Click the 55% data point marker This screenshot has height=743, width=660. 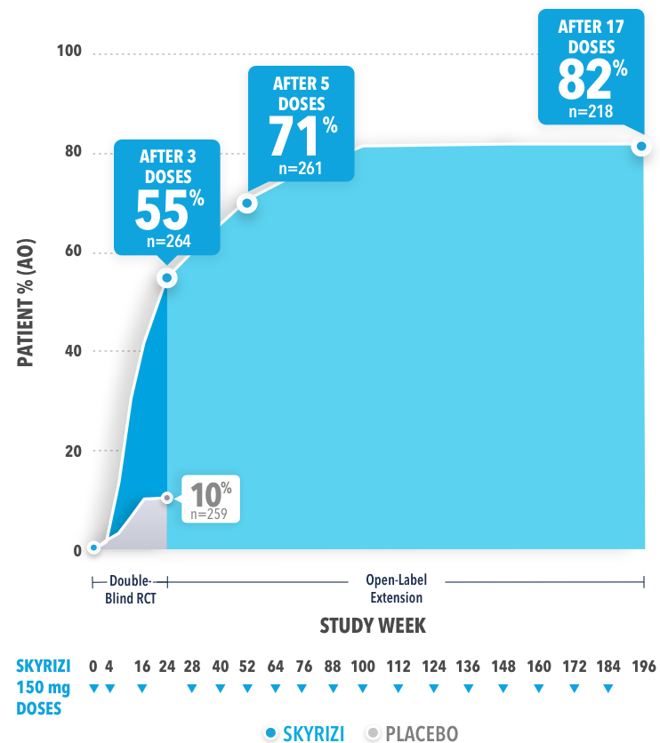click(166, 278)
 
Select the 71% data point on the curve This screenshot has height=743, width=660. click(247, 204)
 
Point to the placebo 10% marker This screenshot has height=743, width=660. click(166, 498)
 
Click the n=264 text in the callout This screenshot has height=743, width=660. click(166, 239)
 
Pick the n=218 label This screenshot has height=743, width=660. click(592, 112)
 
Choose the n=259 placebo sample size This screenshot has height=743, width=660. click(210, 513)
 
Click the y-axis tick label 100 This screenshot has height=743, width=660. click(69, 52)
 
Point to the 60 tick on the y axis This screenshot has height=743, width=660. click(72, 252)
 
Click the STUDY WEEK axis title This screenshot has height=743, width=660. click(373, 626)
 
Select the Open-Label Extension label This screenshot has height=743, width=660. click(397, 588)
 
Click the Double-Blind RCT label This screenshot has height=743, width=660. click(130, 588)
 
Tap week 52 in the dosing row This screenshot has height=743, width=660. click(245, 667)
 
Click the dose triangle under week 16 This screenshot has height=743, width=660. click(141, 689)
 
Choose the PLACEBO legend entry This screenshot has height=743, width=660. click(411, 733)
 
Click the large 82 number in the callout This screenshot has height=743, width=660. click(584, 80)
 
